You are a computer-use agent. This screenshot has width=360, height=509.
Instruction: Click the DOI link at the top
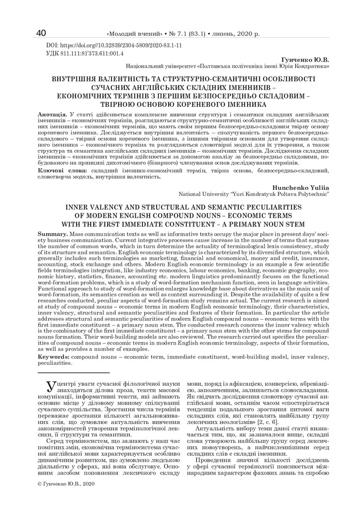click(x=114, y=45)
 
